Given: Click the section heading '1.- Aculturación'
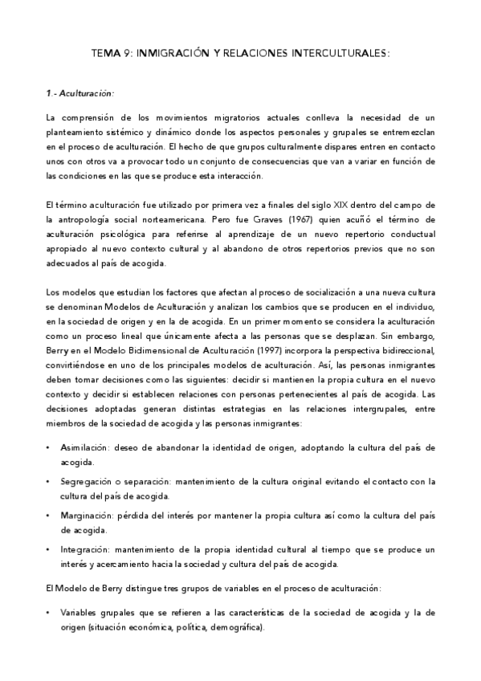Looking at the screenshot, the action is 79,93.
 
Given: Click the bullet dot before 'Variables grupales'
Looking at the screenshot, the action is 49,613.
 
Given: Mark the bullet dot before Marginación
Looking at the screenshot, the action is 49,516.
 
